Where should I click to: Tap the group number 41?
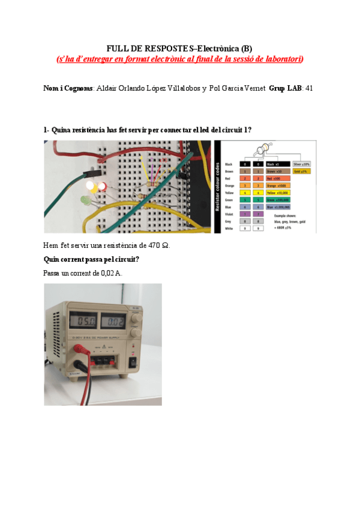coord(309,88)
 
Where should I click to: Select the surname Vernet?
coord(254,88)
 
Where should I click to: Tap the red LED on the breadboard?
coord(103,187)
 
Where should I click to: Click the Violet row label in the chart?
coord(228,214)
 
